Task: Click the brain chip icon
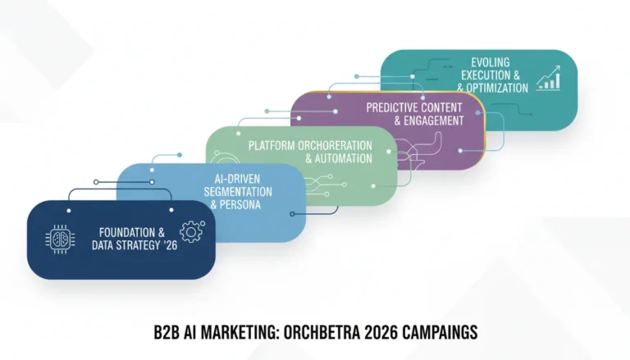tap(60, 239)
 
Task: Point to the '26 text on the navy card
tap(171, 245)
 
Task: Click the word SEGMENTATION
tap(238, 192)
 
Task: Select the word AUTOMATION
tap(344, 158)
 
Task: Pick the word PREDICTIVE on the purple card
tap(392, 107)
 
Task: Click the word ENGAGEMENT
tap(434, 121)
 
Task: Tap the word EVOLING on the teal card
tap(491, 62)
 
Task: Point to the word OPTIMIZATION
tap(497, 88)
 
